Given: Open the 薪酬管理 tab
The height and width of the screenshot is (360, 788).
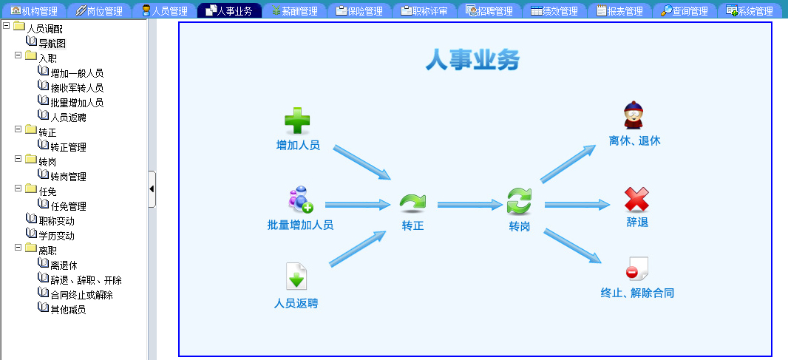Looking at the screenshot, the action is [x=294, y=10].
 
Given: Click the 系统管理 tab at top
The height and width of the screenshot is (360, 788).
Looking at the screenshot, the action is [x=750, y=10].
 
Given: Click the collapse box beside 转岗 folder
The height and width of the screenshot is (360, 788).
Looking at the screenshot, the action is [x=18, y=159].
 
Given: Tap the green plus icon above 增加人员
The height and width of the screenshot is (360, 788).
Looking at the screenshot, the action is [x=297, y=121].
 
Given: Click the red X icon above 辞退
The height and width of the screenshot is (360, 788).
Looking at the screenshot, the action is [x=636, y=199].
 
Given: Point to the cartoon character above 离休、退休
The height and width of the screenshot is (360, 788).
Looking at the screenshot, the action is [x=634, y=115].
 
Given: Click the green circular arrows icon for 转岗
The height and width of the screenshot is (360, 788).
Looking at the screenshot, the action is [x=519, y=201].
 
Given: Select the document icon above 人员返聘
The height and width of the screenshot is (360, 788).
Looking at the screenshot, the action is [x=296, y=276].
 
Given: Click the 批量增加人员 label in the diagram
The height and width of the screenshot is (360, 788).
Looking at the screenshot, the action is [x=300, y=225].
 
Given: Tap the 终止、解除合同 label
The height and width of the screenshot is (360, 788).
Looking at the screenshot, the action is [x=637, y=293].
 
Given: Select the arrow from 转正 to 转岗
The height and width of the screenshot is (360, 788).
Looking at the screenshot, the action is [x=470, y=204].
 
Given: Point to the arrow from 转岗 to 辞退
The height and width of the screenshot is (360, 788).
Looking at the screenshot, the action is [x=577, y=204].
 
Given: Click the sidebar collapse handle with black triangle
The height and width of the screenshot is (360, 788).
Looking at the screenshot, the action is [x=152, y=189].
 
